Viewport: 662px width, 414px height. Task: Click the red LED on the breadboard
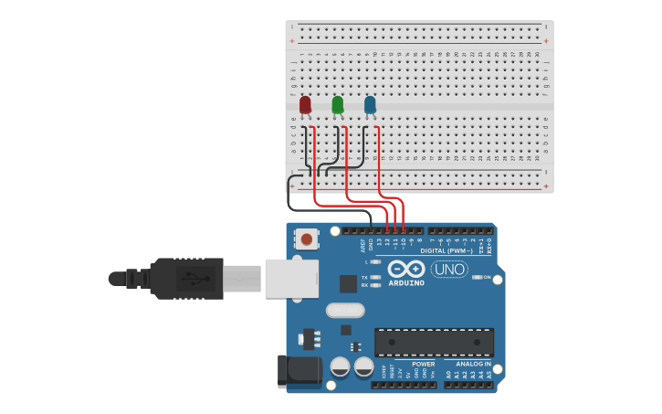click(305, 105)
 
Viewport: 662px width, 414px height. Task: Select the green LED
click(338, 105)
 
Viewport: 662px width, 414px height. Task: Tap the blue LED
click(370, 105)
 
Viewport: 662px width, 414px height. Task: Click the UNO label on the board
click(449, 270)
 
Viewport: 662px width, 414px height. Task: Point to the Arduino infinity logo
click(406, 270)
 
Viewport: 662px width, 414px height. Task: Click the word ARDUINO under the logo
click(406, 283)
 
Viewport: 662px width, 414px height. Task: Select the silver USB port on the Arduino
click(291, 279)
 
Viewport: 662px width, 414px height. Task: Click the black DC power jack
click(298, 369)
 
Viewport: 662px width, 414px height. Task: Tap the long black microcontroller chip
click(434, 342)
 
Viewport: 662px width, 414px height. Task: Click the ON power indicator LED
click(476, 277)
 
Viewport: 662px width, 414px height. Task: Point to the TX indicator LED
click(374, 277)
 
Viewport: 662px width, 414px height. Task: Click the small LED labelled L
click(374, 262)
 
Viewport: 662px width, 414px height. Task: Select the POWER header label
click(423, 364)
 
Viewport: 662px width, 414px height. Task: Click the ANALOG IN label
click(474, 364)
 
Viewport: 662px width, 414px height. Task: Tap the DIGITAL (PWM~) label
click(447, 250)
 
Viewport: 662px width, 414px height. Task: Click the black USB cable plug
click(187, 279)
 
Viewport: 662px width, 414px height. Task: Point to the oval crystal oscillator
click(344, 311)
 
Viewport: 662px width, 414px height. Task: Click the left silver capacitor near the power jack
click(340, 367)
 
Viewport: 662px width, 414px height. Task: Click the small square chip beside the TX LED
click(348, 284)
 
